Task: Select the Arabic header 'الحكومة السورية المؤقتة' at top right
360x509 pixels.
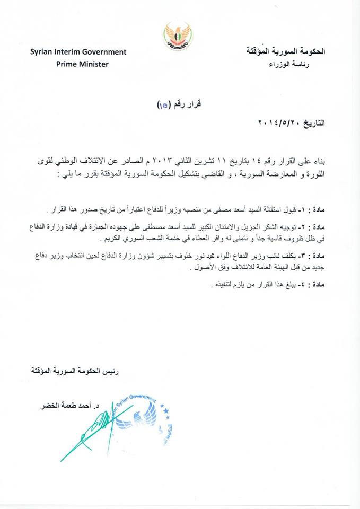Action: (286, 52)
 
